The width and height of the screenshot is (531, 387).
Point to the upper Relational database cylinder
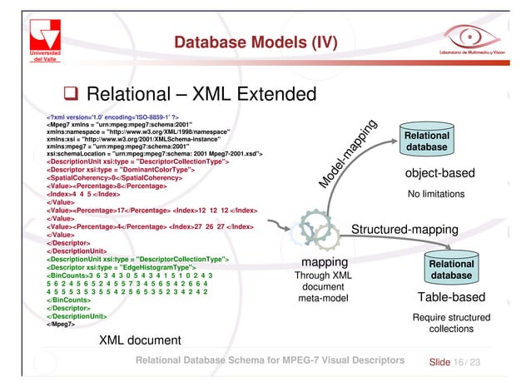426,140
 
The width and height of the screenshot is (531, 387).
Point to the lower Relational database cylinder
449,267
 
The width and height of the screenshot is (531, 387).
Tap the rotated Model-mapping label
349,155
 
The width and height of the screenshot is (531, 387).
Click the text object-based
438,174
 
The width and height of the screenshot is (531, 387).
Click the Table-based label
450,298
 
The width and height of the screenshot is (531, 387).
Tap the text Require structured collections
450,323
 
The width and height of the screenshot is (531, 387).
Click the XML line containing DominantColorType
122,170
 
